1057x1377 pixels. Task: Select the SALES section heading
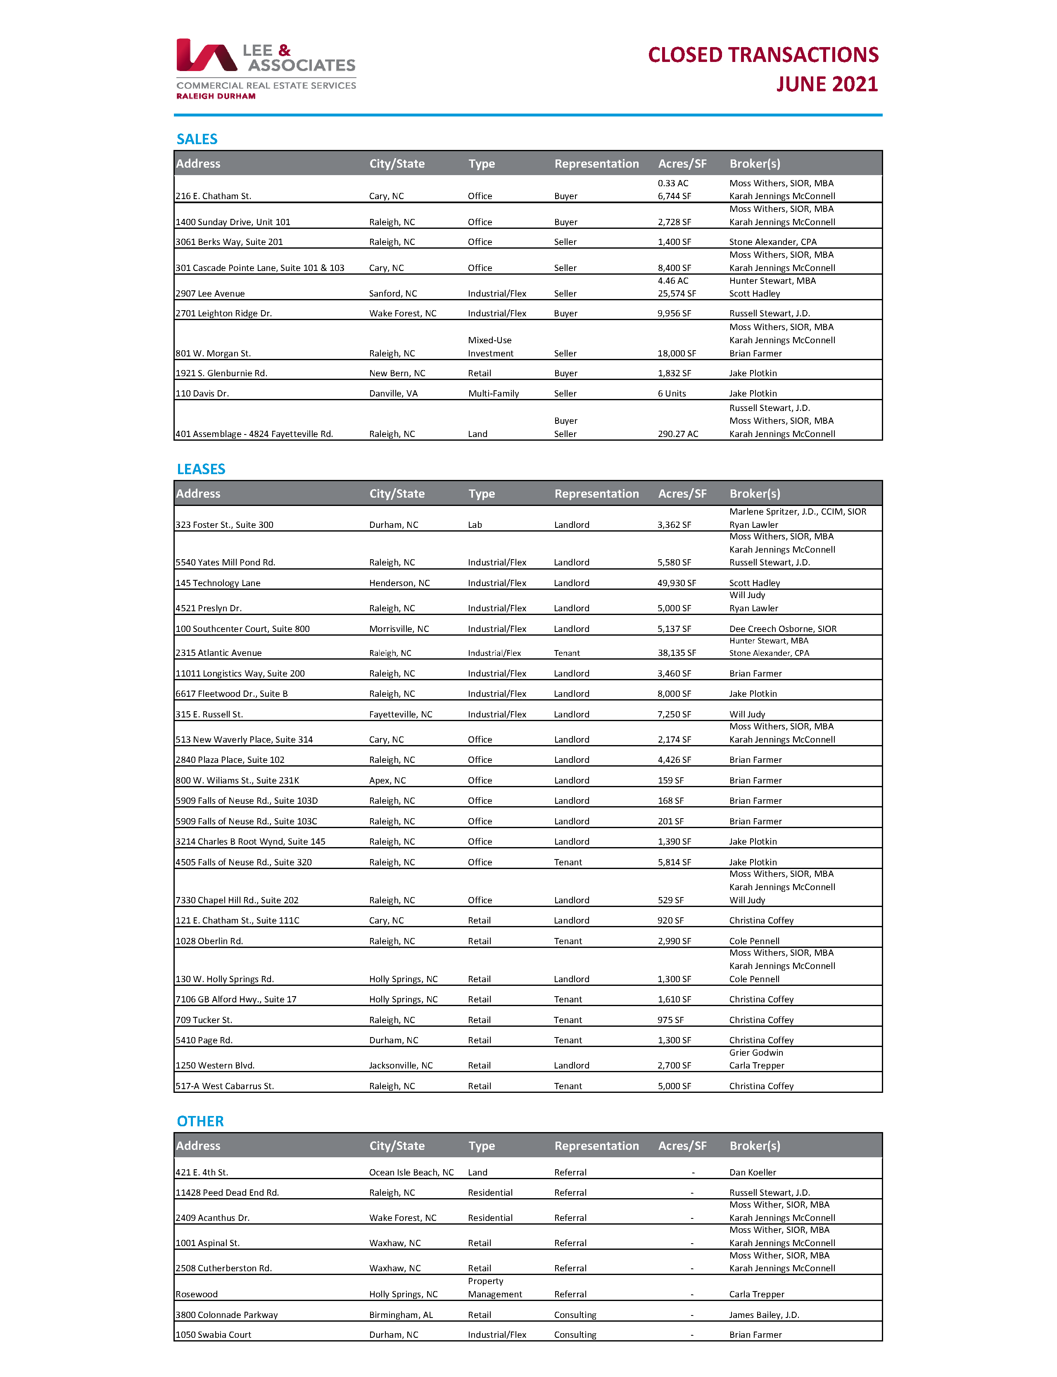click(197, 139)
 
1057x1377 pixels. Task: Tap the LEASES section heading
click(201, 469)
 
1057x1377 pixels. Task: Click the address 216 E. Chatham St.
click(213, 196)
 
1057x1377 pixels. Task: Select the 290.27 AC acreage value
click(678, 434)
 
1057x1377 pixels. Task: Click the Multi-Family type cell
click(493, 394)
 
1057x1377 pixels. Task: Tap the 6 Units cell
click(672, 394)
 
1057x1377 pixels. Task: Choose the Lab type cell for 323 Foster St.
click(475, 525)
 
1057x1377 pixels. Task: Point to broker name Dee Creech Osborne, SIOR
click(783, 629)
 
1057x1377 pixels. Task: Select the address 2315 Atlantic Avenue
click(219, 653)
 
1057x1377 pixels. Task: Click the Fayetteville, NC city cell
click(401, 715)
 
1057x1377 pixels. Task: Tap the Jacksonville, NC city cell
click(401, 1066)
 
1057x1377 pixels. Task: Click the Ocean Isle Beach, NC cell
click(411, 1173)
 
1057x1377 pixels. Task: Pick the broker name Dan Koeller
click(753, 1173)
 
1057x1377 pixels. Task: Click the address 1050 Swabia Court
click(213, 1335)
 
